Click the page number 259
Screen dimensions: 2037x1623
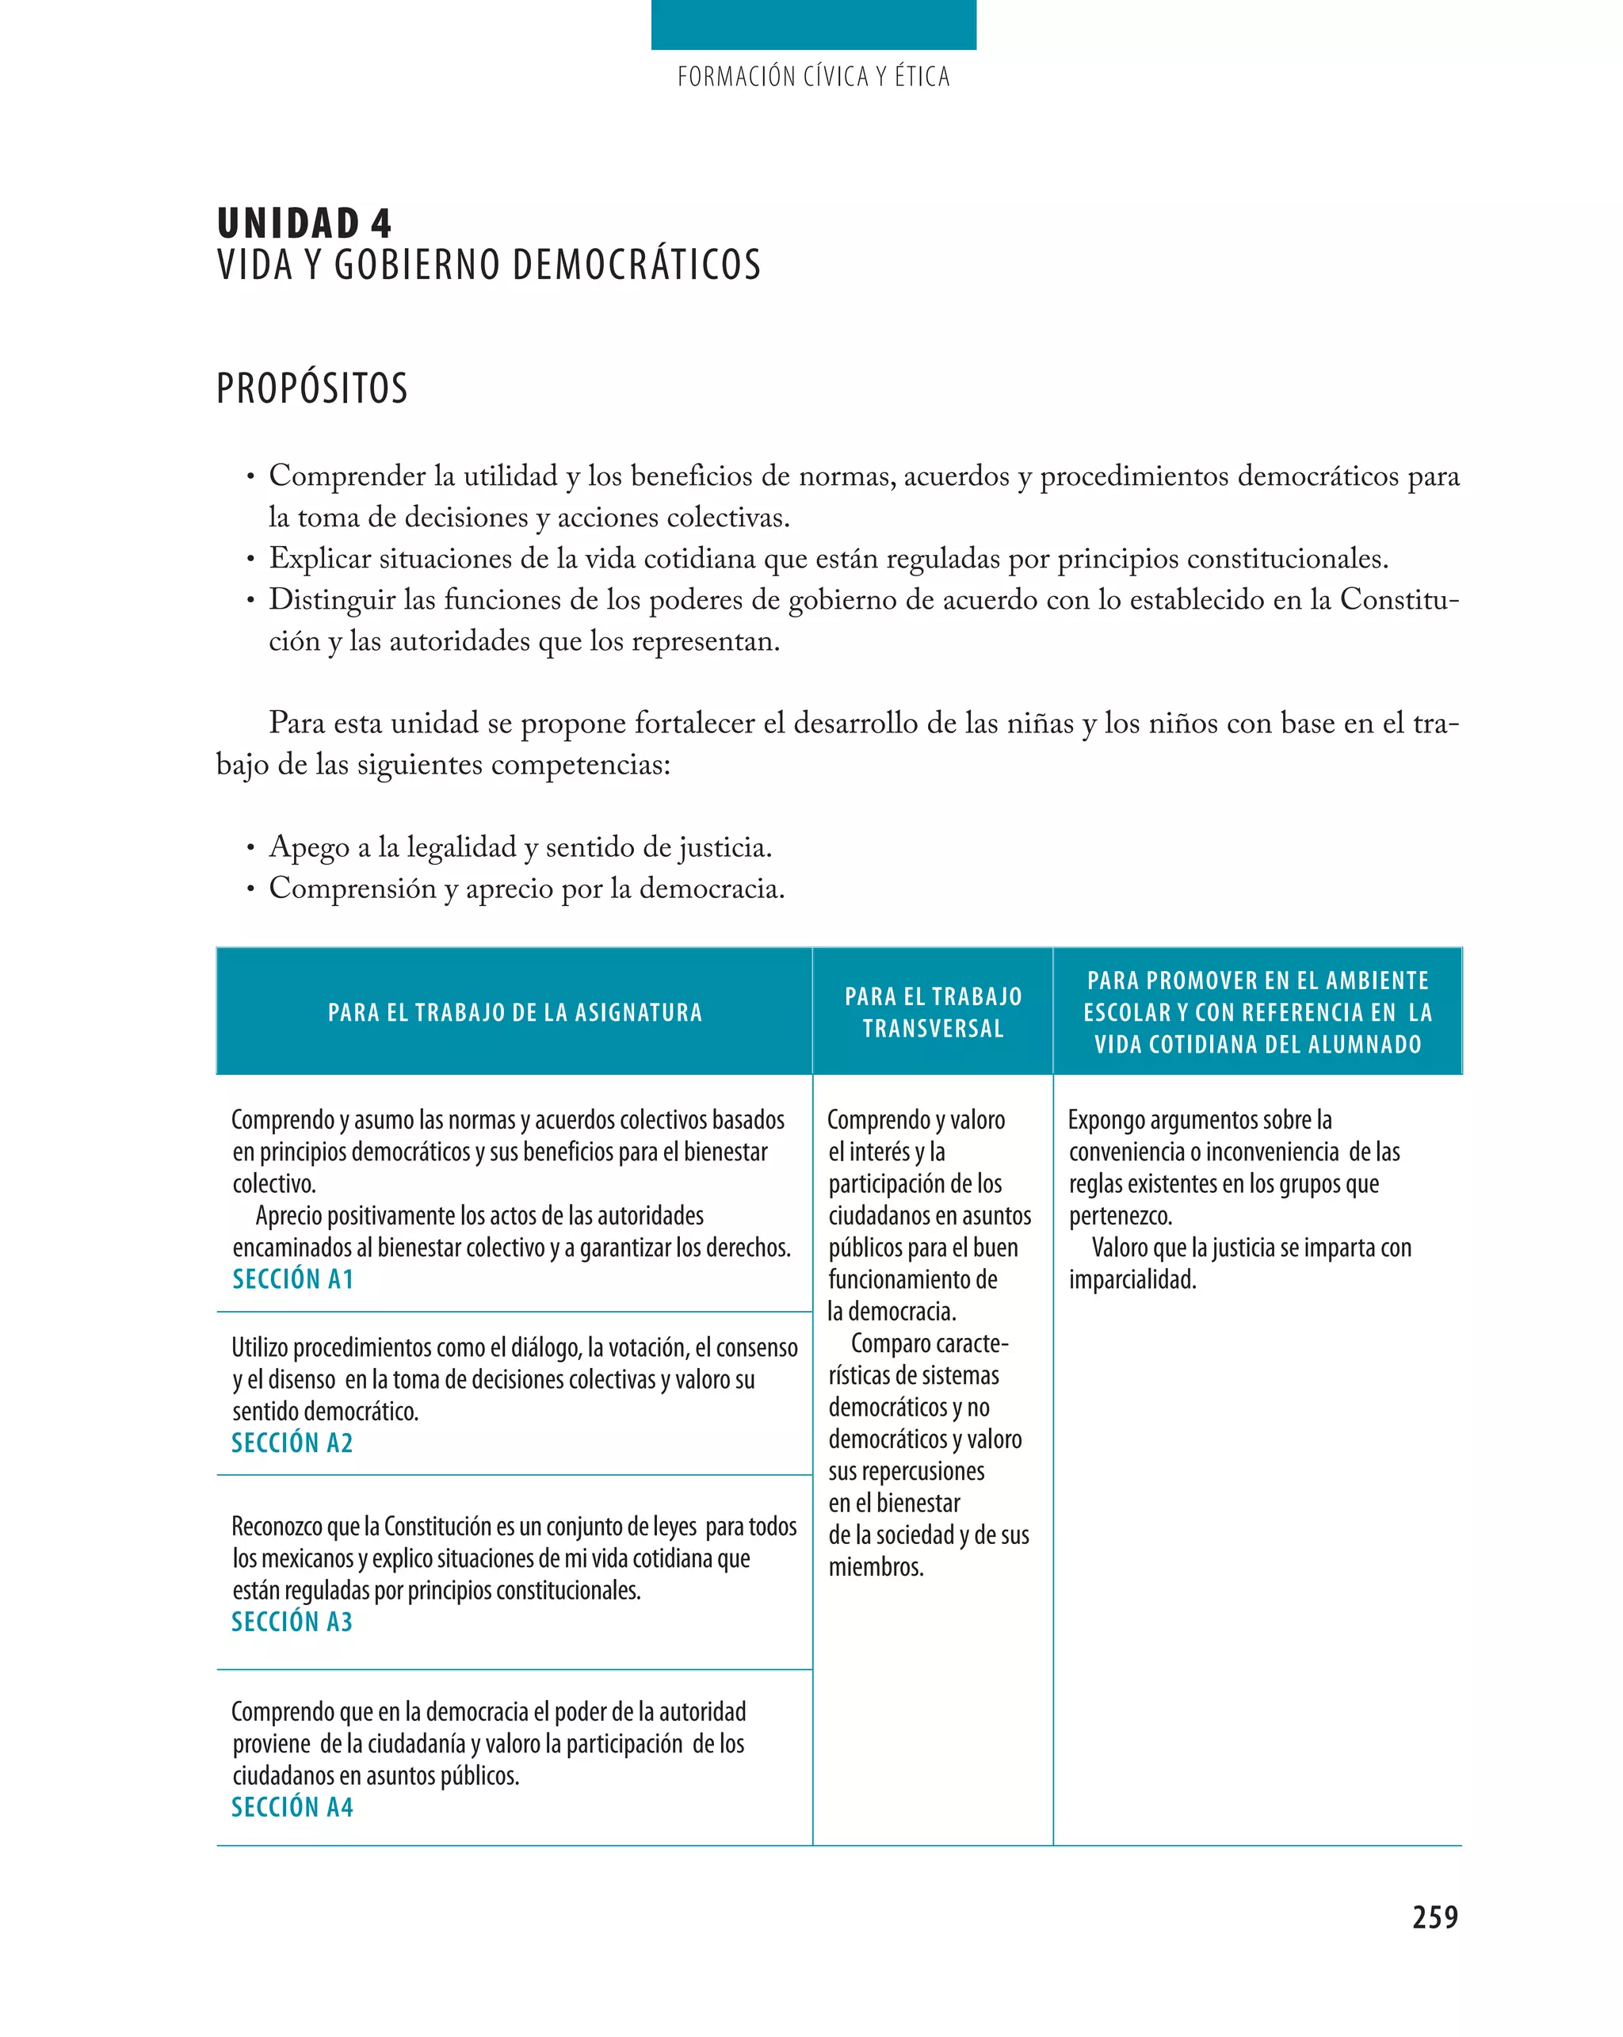click(1434, 1917)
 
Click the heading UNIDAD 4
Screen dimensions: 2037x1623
click(304, 224)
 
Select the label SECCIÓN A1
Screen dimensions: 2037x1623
click(293, 1279)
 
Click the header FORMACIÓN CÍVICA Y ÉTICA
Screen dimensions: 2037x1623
click(812, 77)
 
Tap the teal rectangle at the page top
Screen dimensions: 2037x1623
click(812, 25)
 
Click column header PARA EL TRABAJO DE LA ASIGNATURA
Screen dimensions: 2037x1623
click(515, 1013)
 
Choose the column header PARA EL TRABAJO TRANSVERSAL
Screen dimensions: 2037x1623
click(933, 1012)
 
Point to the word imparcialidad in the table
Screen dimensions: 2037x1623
click(1132, 1280)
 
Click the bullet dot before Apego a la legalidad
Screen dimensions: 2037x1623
click(250, 848)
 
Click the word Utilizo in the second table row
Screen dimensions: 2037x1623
click(259, 1348)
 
